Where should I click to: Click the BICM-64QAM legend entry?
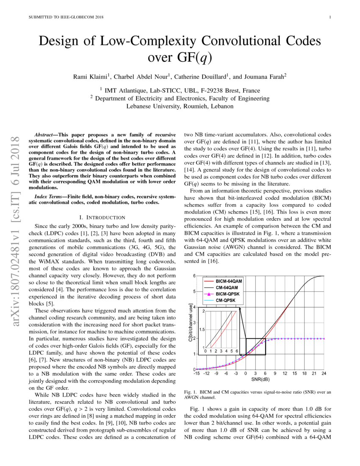228,281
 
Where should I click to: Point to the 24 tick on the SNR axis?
324,373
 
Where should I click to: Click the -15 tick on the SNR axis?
197,373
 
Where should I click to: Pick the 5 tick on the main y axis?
194,292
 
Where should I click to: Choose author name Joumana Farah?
263,77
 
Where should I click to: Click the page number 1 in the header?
330,17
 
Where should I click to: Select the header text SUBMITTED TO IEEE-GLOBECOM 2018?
66,17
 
